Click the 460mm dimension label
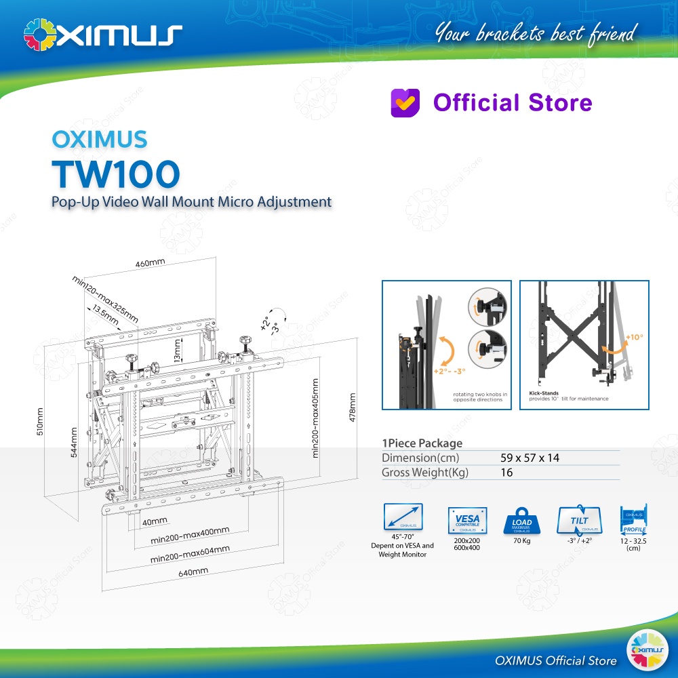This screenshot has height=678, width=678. (x=150, y=263)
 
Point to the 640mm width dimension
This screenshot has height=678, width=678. (x=193, y=572)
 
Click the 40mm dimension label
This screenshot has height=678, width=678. (x=155, y=521)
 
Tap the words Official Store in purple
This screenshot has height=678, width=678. (x=513, y=103)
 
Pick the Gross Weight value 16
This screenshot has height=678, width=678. (x=506, y=473)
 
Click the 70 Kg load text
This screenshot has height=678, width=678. (x=521, y=541)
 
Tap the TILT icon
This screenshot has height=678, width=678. (x=578, y=521)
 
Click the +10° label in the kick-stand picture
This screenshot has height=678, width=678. (x=634, y=337)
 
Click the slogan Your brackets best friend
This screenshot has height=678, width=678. (x=536, y=32)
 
